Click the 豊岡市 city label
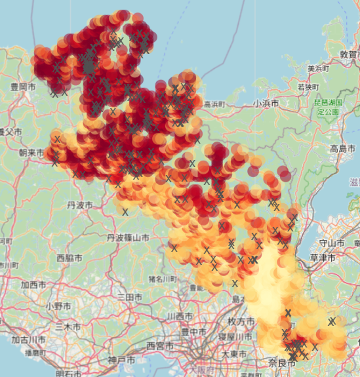(23, 87)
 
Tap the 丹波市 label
(81, 205)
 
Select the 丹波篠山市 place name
(131, 238)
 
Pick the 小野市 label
(58, 306)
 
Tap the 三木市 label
(68, 327)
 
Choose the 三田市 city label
(130, 298)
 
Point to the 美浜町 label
(317, 68)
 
